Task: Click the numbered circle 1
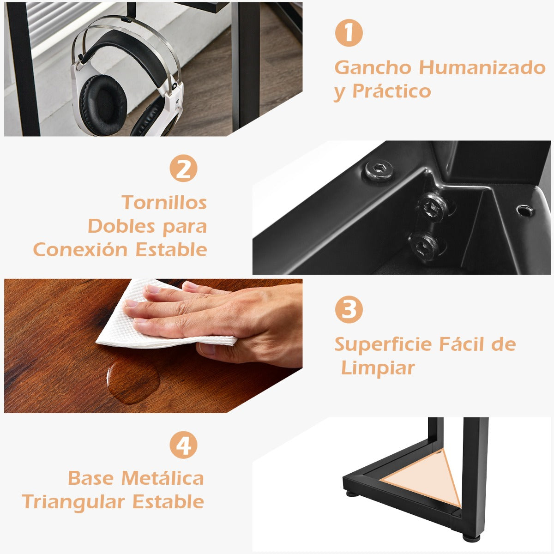tap(349, 32)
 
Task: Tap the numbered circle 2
tap(183, 168)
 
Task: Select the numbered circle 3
tap(349, 309)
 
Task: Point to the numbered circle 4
tap(183, 445)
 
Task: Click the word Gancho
tap(373, 68)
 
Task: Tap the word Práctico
tap(391, 91)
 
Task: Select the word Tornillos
tap(164, 202)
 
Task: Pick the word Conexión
tap(80, 250)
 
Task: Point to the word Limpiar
tap(378, 368)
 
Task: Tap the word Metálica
tap(163, 478)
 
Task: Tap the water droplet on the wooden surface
tap(133, 381)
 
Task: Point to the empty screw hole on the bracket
tap(525, 211)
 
